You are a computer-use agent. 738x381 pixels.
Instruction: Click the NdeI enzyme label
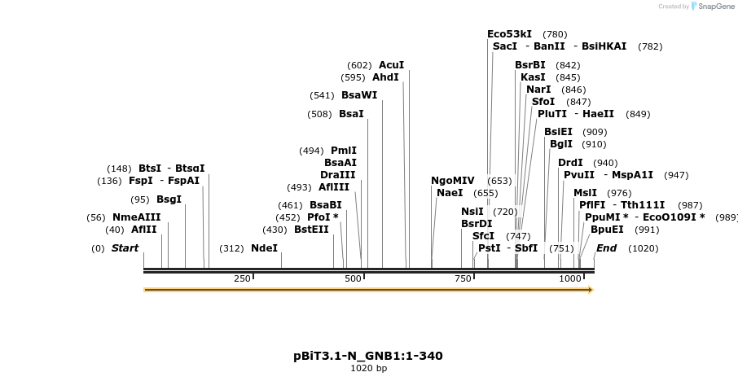(x=264, y=248)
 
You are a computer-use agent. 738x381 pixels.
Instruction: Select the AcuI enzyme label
(x=391, y=65)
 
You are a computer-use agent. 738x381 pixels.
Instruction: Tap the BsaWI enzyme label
(x=359, y=95)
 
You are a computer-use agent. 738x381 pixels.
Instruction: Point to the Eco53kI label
(x=509, y=34)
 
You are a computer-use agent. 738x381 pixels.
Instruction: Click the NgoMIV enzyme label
(x=452, y=181)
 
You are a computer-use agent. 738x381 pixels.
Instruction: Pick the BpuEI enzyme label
(x=607, y=230)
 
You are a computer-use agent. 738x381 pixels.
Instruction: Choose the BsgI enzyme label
(x=169, y=199)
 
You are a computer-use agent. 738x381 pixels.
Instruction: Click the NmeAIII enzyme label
(x=137, y=217)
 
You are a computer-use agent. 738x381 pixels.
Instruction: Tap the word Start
(x=125, y=248)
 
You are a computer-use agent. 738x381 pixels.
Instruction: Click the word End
(x=606, y=248)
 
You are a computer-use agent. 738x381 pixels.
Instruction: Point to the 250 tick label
(x=242, y=278)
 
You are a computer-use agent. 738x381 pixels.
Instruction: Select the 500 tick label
(x=353, y=278)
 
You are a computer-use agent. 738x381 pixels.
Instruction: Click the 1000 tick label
(x=570, y=278)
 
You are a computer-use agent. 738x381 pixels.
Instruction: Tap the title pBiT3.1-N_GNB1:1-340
(x=368, y=356)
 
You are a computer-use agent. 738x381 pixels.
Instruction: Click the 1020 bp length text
(x=368, y=369)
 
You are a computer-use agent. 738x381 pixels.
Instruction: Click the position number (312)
(x=232, y=248)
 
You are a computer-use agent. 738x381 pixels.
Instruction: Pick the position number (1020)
(x=643, y=248)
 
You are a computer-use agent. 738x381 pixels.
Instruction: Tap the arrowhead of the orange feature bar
(x=591, y=289)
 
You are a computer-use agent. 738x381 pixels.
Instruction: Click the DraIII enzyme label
(x=338, y=175)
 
